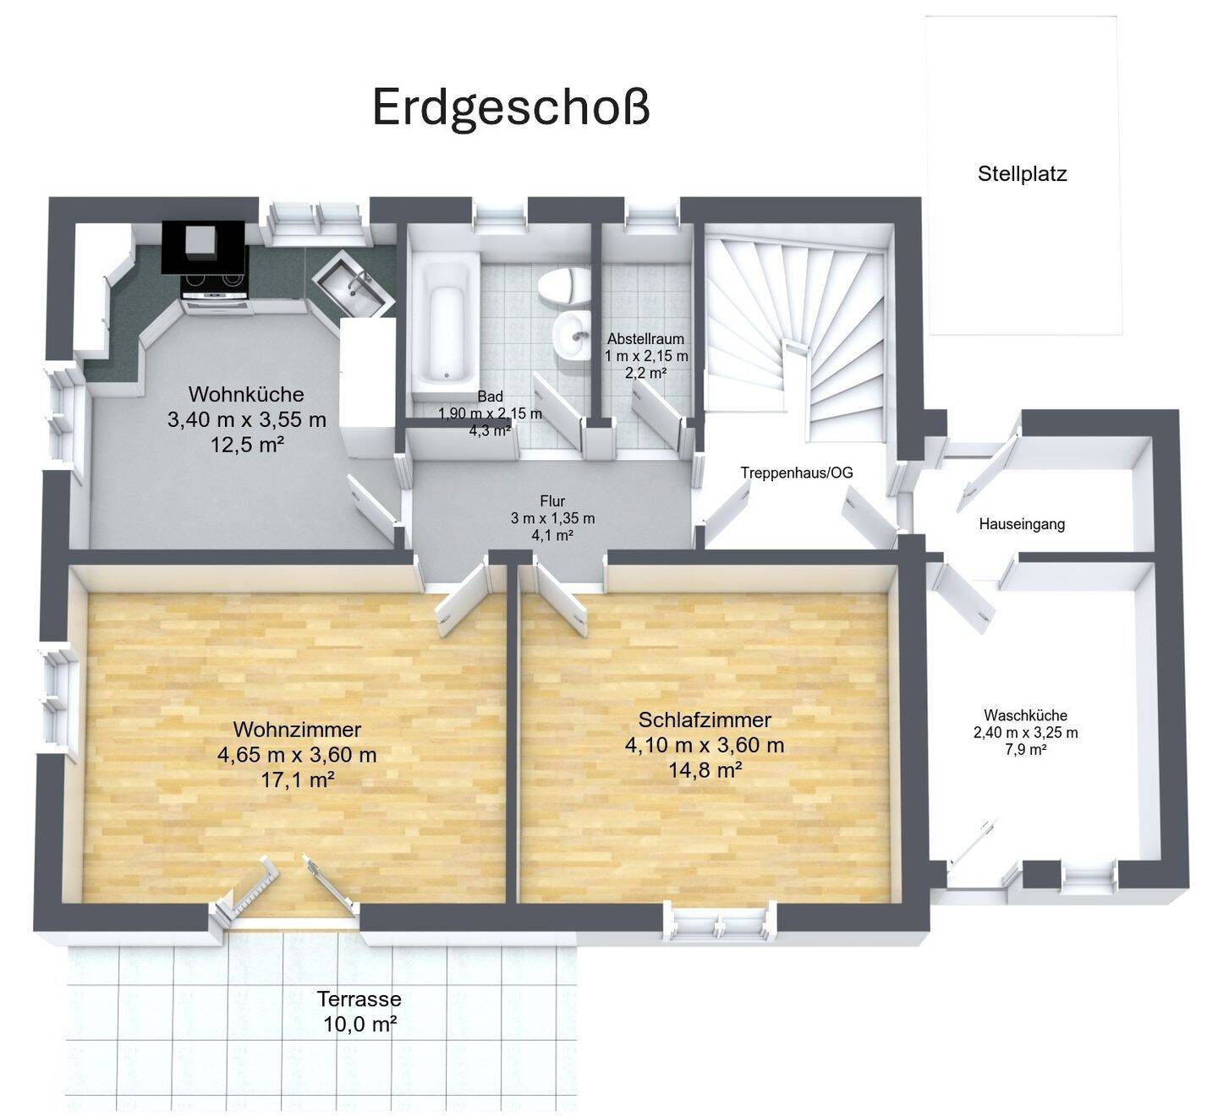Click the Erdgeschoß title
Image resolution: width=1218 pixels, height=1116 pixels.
pos(511,108)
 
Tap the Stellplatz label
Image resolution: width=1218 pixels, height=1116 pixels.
pos(1022,174)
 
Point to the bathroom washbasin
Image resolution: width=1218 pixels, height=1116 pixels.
pos(573,336)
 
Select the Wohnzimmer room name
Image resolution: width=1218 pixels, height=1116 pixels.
pos(297,729)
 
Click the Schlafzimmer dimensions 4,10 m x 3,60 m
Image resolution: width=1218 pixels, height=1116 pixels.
pos(704,745)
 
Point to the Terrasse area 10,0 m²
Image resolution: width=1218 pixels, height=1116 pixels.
pos(359,1025)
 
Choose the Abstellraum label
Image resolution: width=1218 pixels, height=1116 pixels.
pos(645,339)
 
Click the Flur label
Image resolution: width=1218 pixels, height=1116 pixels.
pos(552,501)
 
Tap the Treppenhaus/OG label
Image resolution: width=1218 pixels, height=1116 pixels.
pos(797,473)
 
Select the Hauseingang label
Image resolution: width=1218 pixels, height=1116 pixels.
pos(1022,524)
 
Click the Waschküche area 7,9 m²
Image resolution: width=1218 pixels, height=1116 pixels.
pos(1025,749)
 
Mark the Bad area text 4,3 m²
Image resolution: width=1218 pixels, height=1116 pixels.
pos(490,429)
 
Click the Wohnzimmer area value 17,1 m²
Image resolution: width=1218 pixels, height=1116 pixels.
pos(297,780)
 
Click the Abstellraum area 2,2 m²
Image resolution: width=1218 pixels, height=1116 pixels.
pos(646,372)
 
